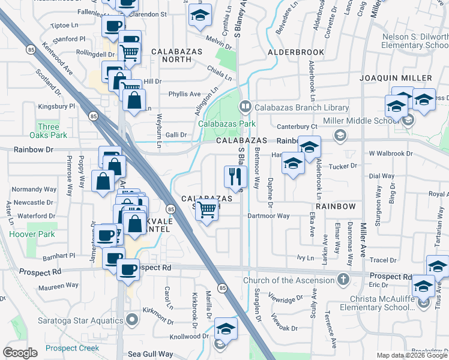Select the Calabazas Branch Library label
(301, 107)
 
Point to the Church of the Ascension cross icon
(343, 280)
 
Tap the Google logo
(20, 353)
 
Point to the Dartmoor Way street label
(268, 216)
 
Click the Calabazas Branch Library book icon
(245, 107)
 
